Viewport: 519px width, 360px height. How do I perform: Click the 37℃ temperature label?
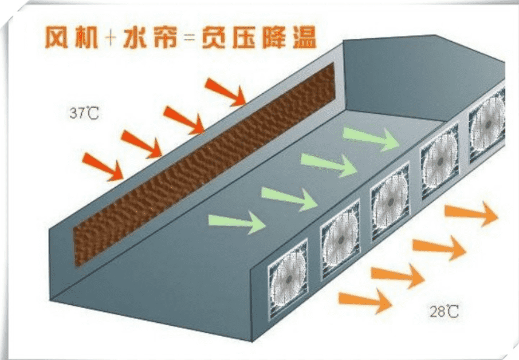[x=84, y=113]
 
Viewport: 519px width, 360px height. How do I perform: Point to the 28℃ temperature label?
[x=444, y=312]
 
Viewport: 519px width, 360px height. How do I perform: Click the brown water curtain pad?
[x=203, y=166]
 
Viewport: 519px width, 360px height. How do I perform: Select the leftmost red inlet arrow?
[x=103, y=165]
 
